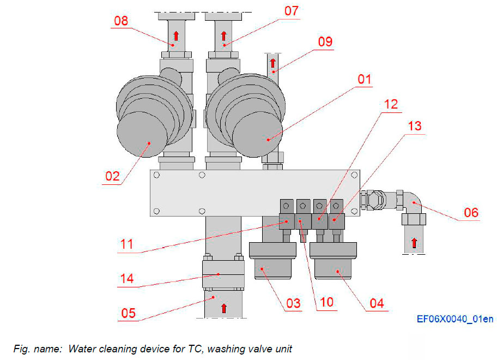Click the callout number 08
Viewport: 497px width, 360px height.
point(121,21)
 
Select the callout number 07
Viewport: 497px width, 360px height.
point(292,11)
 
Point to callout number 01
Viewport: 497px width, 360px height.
point(364,79)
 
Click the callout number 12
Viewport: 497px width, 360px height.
point(391,104)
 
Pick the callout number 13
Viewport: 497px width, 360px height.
point(414,126)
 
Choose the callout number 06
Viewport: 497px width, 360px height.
point(471,212)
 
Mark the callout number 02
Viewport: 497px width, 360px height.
point(112,176)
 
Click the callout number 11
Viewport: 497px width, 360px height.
point(126,243)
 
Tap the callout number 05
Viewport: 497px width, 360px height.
point(129,314)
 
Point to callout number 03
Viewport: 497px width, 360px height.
point(293,303)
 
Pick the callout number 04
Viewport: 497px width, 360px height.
point(377,303)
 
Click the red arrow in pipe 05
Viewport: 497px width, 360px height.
point(223,309)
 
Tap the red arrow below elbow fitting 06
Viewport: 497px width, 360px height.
point(414,243)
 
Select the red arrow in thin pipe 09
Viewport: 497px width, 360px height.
point(272,63)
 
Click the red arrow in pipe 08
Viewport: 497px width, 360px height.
point(176,36)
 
